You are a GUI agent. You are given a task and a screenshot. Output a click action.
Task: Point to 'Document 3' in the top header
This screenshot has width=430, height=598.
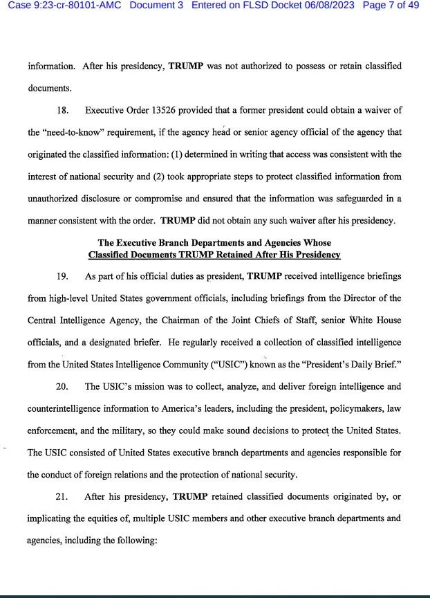pos(158,6)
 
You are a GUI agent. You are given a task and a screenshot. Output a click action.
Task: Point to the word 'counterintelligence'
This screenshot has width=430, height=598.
pos(65,408)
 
